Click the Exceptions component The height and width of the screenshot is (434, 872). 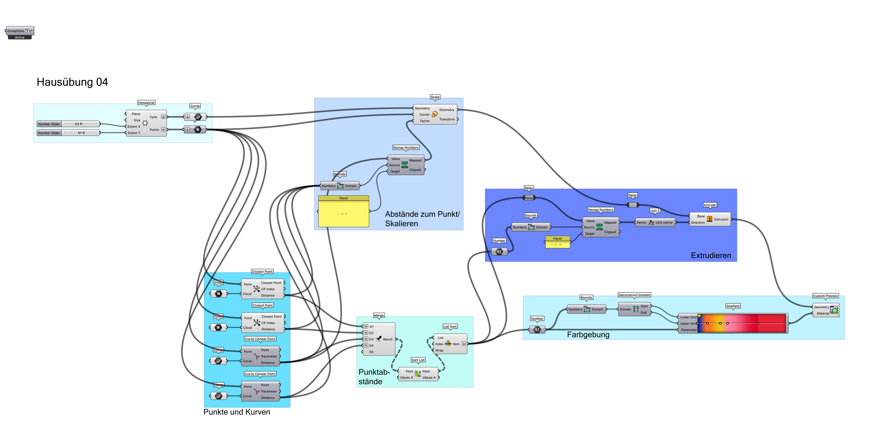pos(20,31)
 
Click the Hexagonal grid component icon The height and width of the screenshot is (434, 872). pos(145,123)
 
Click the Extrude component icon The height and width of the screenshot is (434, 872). pos(710,219)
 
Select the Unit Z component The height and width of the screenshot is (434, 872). pos(655,222)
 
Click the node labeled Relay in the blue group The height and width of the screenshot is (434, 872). pos(529,198)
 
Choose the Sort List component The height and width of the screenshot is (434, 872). pos(418,374)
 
